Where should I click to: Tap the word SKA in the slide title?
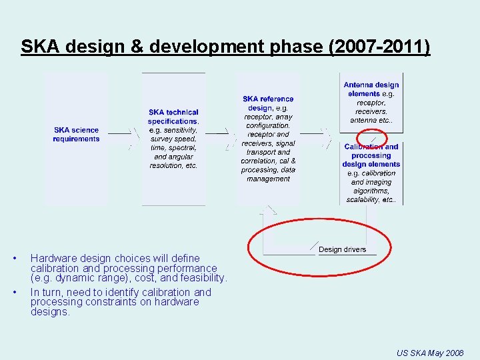(x=37, y=47)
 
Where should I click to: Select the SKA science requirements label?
(x=76, y=134)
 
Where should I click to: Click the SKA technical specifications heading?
(x=173, y=117)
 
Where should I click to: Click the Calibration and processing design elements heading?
(x=371, y=155)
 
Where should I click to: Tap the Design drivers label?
(x=342, y=249)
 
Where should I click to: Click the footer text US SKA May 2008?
(x=429, y=352)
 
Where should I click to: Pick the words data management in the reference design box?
(x=269, y=174)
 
